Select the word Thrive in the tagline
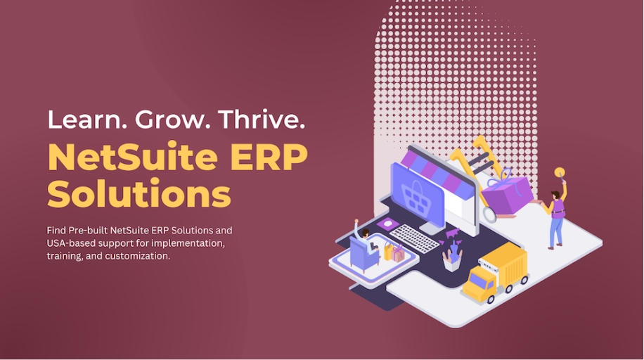point(262,119)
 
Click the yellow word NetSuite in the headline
point(133,157)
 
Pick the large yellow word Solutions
point(139,193)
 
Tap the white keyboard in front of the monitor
point(414,238)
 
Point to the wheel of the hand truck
point(489,214)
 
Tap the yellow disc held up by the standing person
point(560,172)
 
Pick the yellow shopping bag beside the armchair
point(388,252)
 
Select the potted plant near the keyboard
point(453,257)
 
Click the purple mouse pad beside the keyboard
point(387,224)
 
